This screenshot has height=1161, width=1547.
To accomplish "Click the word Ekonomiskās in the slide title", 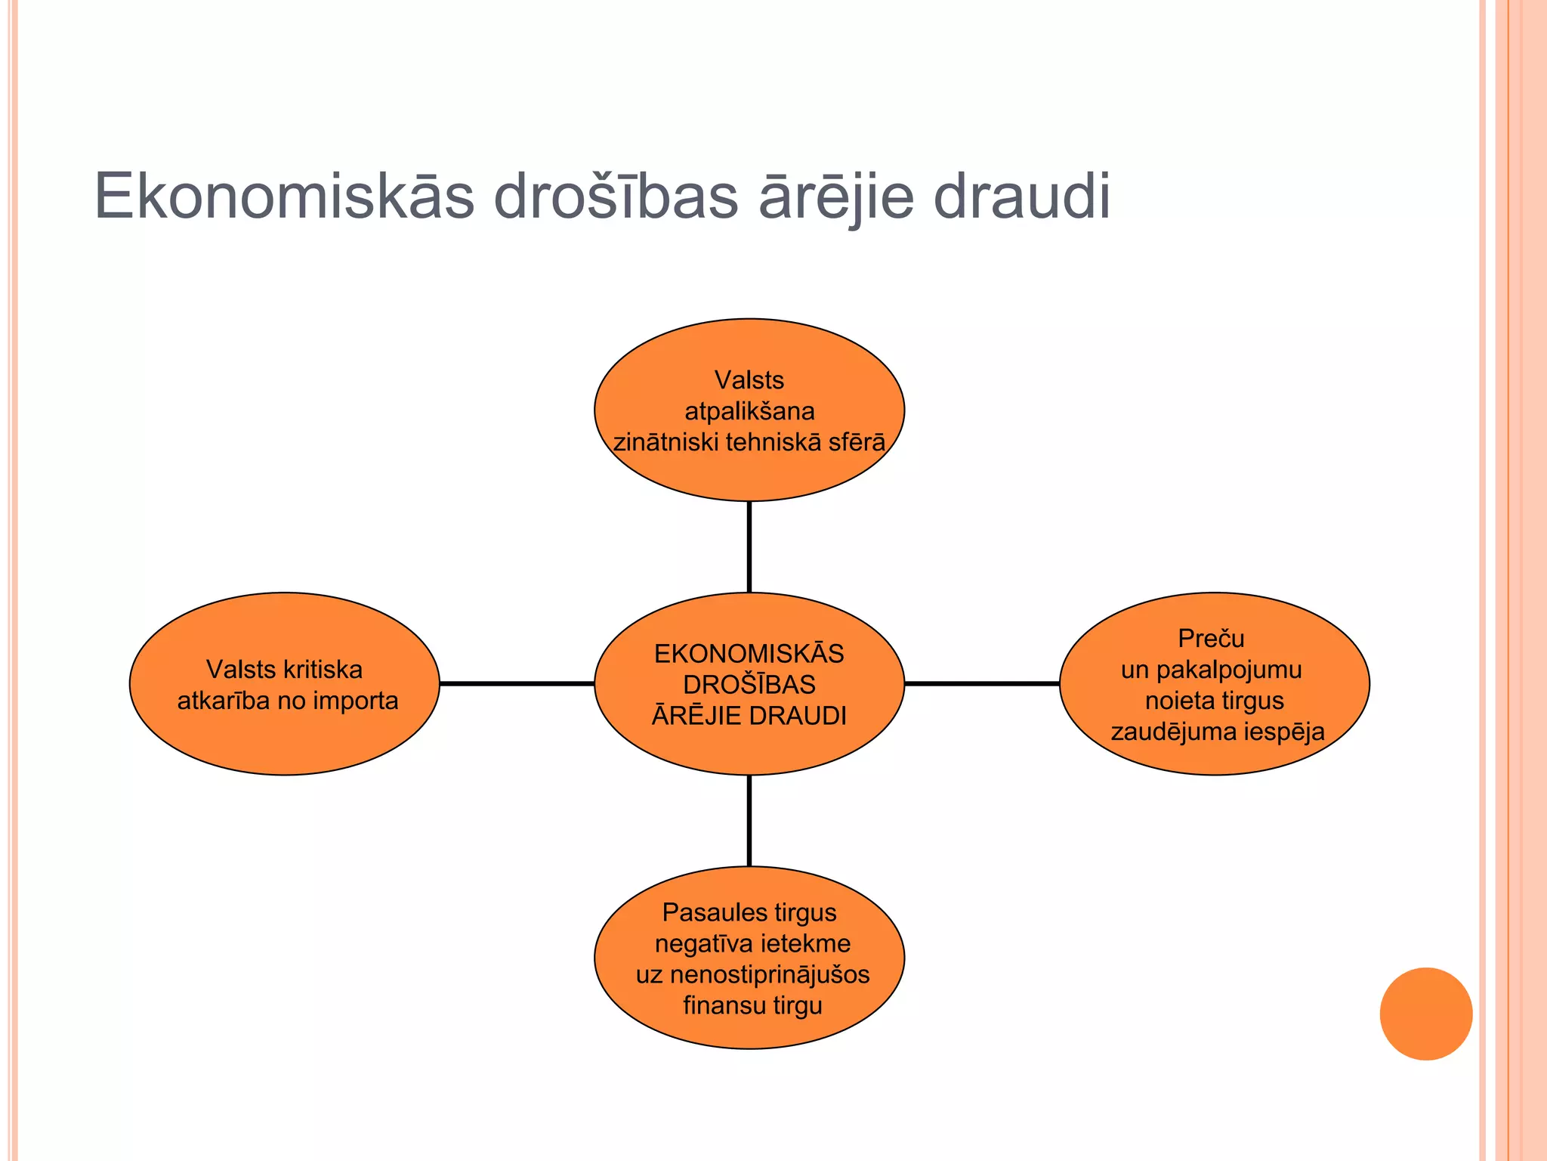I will (284, 197).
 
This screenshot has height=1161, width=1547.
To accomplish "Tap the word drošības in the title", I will (616, 197).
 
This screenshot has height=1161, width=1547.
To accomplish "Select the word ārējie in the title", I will (835, 197).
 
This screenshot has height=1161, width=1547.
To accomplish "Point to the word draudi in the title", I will (1022, 197).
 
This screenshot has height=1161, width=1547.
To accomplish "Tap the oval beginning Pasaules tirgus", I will (749, 1028).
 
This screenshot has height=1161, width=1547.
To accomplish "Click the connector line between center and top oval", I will (749, 546).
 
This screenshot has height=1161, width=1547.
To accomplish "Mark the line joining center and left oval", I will (517, 683).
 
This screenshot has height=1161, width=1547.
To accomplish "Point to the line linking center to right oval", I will (981, 683).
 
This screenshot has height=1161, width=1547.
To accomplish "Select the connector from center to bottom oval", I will (749, 821).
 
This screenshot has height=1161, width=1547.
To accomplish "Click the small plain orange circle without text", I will (1425, 1014).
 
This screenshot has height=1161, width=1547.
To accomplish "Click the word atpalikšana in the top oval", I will (749, 411).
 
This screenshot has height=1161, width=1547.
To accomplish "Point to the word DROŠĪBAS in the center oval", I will (749, 685).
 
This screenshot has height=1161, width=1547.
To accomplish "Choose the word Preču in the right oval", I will (1211, 639).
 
